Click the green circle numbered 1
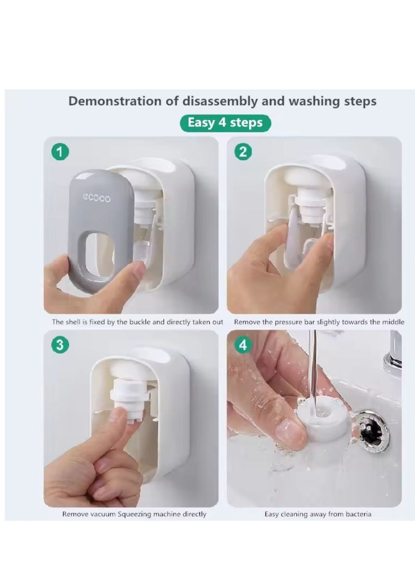click(60, 152)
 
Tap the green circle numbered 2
click(243, 152)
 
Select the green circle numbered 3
click(60, 344)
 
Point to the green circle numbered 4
click(243, 344)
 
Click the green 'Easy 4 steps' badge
click(225, 123)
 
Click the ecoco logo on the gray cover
click(96, 198)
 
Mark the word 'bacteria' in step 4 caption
click(358, 514)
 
